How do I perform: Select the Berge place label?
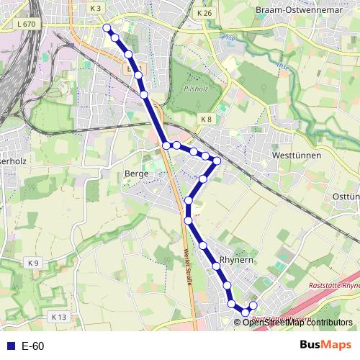point(136,174)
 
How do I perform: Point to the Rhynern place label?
point(237,260)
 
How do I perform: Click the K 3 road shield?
point(96,7)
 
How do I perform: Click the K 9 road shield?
point(32,262)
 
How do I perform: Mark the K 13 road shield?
point(58,316)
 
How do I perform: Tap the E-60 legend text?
point(33,346)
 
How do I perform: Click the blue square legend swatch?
point(10,346)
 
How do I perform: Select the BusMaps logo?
point(325,346)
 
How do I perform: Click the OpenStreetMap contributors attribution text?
point(297,322)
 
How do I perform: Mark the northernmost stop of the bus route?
point(107,27)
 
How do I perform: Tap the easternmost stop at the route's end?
point(253,306)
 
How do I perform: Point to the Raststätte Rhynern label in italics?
point(333,285)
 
